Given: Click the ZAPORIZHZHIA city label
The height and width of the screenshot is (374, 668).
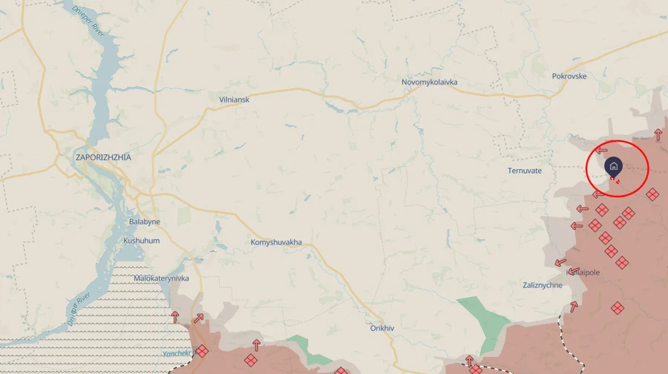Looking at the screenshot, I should point(103,157).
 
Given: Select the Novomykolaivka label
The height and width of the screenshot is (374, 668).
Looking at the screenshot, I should point(429,82).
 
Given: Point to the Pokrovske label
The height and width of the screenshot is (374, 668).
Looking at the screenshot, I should point(569,76).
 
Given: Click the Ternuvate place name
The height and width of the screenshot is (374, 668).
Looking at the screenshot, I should point(525,171).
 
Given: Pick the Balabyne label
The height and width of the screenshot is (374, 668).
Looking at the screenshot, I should point(144,222).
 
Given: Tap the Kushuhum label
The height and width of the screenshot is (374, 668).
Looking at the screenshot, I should point(141,241).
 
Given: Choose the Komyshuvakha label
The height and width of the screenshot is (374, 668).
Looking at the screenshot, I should point(276,243).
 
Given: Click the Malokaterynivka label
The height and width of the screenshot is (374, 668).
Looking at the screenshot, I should point(161,278).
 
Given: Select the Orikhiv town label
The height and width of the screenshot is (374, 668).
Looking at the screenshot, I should point(385,327).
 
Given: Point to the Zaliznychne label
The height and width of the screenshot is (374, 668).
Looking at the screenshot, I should point(542,285).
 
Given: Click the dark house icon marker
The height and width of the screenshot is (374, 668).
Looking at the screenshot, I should point(613,166).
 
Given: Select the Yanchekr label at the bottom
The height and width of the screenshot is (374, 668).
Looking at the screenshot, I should point(177,353).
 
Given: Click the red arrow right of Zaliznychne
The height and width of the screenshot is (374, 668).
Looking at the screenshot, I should point(574,306).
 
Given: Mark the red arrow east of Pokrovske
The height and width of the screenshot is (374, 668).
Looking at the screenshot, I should point(658,134).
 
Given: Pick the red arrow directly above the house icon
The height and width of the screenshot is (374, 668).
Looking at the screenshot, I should point(601,151).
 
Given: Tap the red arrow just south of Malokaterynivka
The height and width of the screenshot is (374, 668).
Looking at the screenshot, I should point(175,317).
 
